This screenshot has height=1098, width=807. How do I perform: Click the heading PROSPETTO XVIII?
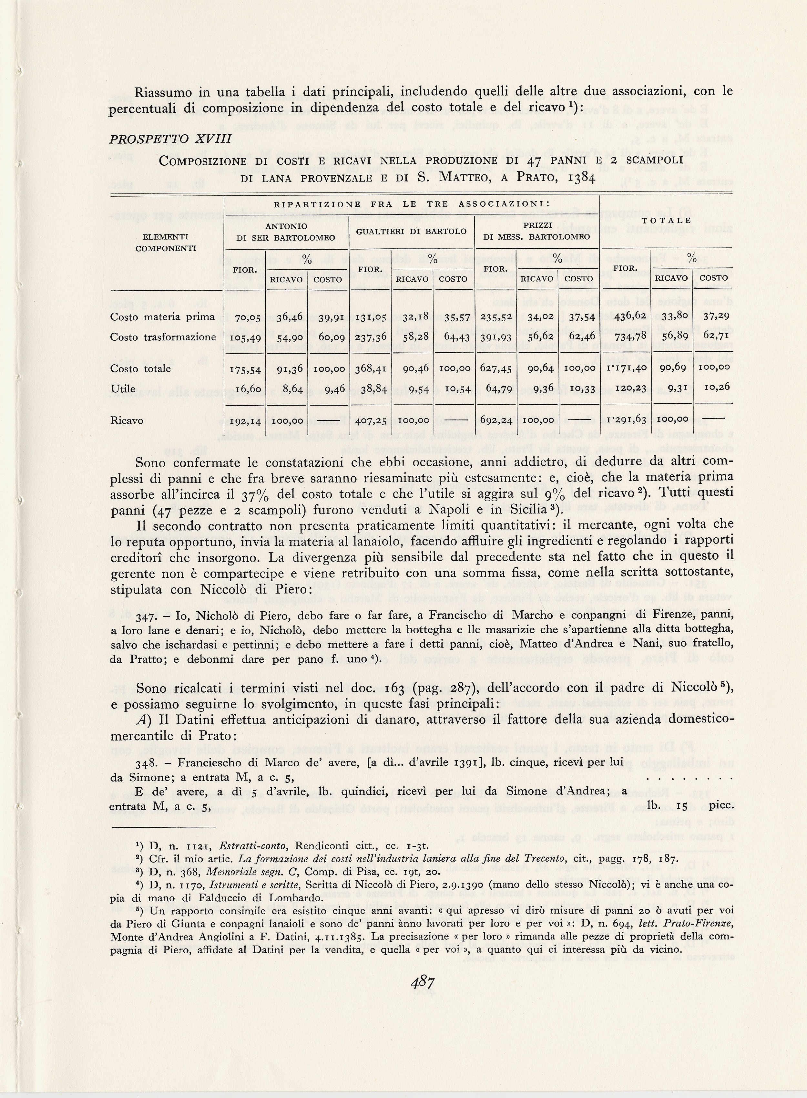click(x=170, y=139)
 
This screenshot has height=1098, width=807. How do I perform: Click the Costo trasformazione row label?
click(x=163, y=337)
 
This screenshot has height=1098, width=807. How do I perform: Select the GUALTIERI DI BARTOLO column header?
click(x=411, y=231)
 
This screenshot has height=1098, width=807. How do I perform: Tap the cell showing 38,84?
click(x=373, y=388)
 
